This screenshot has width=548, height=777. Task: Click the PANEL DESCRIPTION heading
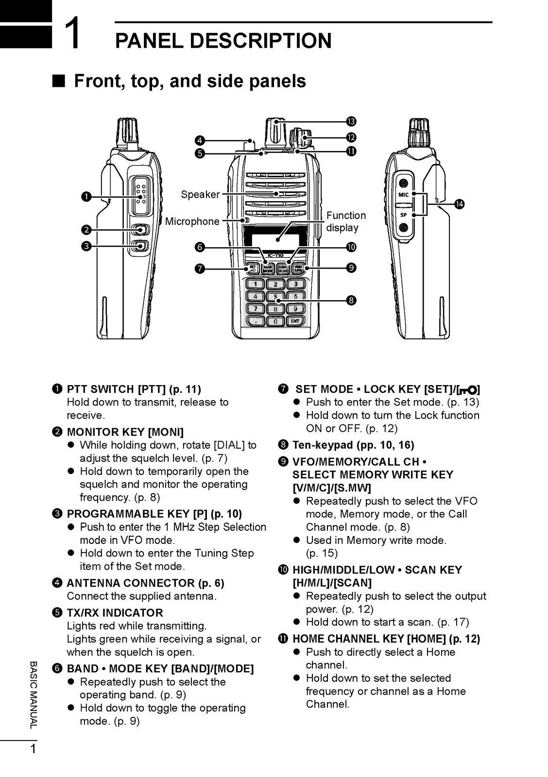tap(223, 41)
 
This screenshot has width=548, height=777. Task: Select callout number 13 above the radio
tap(351, 121)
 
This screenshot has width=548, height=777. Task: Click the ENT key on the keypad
tap(295, 321)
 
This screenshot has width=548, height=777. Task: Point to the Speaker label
tap(200, 195)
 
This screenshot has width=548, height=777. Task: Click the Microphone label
tap(192, 221)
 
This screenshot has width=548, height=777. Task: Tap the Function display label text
tap(345, 221)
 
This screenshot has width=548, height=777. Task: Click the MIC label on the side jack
tap(403, 195)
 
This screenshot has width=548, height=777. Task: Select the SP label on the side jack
tap(403, 214)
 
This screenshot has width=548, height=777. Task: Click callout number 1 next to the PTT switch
tap(86, 196)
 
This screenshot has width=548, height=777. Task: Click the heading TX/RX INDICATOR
tap(115, 613)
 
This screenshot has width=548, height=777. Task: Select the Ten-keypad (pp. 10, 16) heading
tap(353, 445)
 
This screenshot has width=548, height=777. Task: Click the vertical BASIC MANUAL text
tap(33, 694)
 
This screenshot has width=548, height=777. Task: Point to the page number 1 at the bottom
tap(33, 749)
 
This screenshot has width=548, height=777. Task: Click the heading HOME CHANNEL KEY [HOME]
tap(386, 639)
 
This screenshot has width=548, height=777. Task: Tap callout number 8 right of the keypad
tap(351, 301)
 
